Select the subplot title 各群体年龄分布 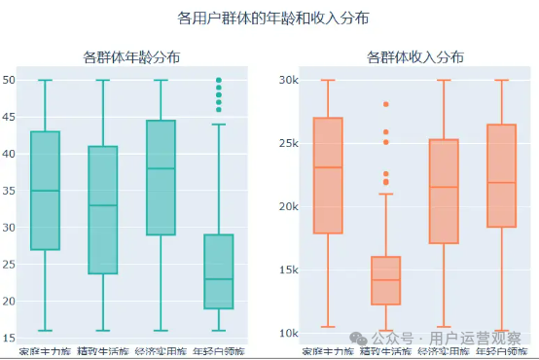click(131, 57)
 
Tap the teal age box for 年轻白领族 click(218, 271)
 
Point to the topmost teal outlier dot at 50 click(218, 80)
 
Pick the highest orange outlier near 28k click(385, 104)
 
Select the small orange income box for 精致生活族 click(385, 280)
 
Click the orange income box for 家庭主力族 click(328, 175)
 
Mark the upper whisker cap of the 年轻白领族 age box click(218, 125)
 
